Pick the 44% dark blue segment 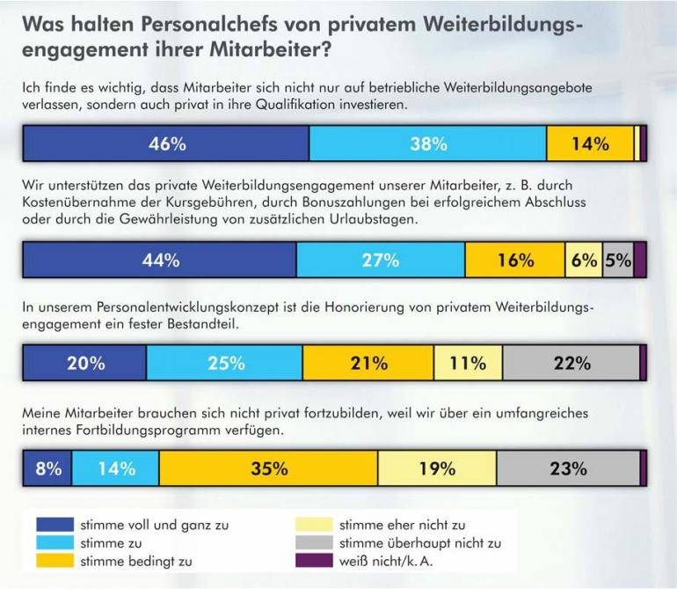coord(159,261)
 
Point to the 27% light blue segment coord(380,261)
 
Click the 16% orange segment coord(514,261)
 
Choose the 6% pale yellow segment coord(584,261)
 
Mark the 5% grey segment coord(618,261)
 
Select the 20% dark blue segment coord(84,363)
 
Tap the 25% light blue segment coord(224,363)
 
